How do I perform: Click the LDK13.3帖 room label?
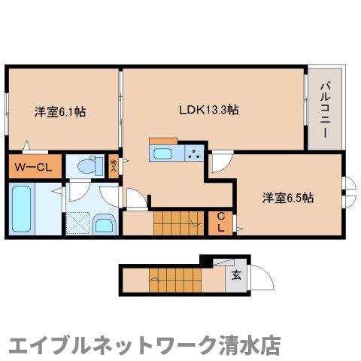[x=208, y=110]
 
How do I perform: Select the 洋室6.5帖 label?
[x=288, y=198]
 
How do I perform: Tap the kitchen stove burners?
[x=194, y=154]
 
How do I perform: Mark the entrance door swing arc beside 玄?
[x=257, y=280]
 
